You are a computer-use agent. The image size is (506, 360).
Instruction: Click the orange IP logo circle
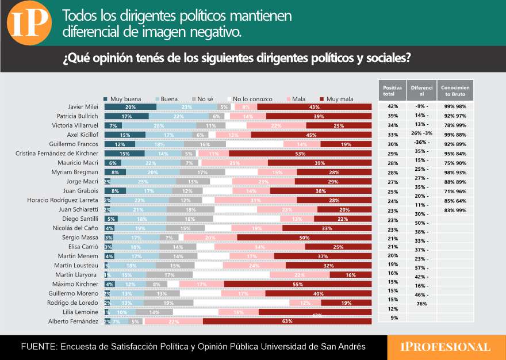(x=27, y=24)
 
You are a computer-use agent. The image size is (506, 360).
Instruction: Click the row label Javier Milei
(x=83, y=107)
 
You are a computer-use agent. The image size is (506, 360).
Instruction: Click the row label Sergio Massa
(x=82, y=238)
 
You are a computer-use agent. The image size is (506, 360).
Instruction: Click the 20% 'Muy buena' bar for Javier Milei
(x=130, y=107)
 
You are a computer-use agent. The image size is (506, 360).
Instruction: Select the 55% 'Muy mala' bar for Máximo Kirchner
(x=298, y=284)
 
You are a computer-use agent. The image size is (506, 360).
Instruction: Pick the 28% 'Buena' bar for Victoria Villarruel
(x=159, y=125)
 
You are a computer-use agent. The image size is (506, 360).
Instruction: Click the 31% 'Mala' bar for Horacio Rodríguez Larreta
(x=256, y=200)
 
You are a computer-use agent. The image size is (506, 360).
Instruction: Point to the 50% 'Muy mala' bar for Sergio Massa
(x=304, y=238)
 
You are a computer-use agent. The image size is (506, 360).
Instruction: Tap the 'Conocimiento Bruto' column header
(x=455, y=90)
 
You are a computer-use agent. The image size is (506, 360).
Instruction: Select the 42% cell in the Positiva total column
(x=393, y=107)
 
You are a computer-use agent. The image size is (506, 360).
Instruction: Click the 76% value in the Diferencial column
(x=421, y=304)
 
